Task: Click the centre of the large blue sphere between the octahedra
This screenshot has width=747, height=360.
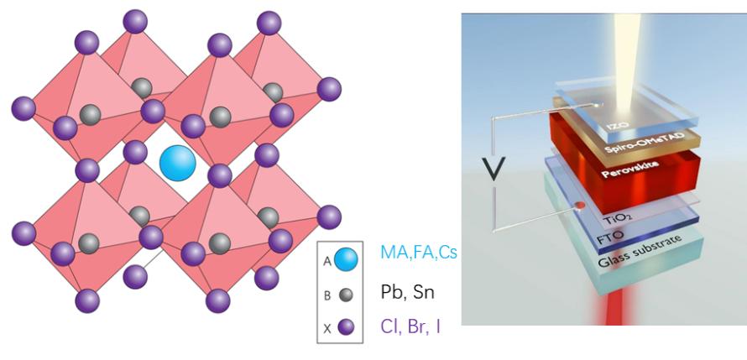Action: (x=178, y=164)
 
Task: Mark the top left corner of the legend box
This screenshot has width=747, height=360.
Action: (x=317, y=241)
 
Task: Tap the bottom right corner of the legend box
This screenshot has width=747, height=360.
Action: (x=363, y=343)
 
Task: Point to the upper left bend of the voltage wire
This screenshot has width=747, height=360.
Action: (x=494, y=118)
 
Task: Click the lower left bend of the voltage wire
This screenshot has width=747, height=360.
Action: (x=494, y=231)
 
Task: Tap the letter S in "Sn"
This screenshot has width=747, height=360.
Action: (x=418, y=292)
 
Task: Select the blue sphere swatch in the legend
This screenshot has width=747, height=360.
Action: (x=346, y=259)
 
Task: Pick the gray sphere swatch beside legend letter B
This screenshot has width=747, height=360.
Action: (x=347, y=295)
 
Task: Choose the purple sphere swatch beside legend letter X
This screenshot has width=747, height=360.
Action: (x=346, y=327)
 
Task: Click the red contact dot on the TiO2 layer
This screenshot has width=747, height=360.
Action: (x=580, y=206)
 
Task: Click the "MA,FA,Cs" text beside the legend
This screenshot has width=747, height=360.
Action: (x=419, y=252)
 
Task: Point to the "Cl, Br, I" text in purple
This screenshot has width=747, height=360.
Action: (x=410, y=326)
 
